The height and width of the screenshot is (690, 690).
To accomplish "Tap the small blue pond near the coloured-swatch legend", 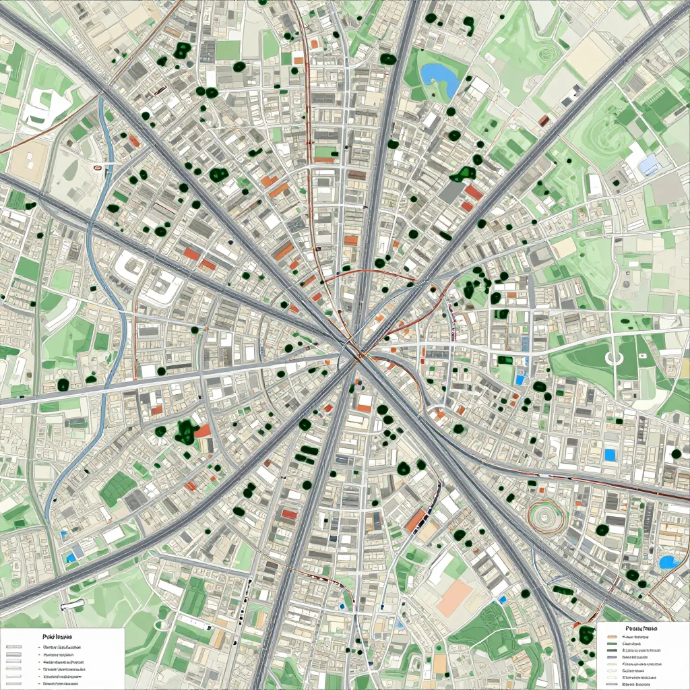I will coord(668,561).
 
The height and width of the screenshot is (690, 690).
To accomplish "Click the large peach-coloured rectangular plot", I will coord(454,598).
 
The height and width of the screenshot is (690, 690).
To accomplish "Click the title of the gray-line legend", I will coord(57,635).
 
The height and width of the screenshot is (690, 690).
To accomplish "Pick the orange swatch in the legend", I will coord(612,636).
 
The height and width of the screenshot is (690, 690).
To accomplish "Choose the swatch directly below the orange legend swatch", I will coord(612,644).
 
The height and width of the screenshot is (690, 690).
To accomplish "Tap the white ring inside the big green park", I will coord(613,358).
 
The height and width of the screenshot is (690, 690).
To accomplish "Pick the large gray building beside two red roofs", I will coord(451,192).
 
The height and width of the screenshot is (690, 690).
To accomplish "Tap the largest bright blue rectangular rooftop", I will coord(610,455).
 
